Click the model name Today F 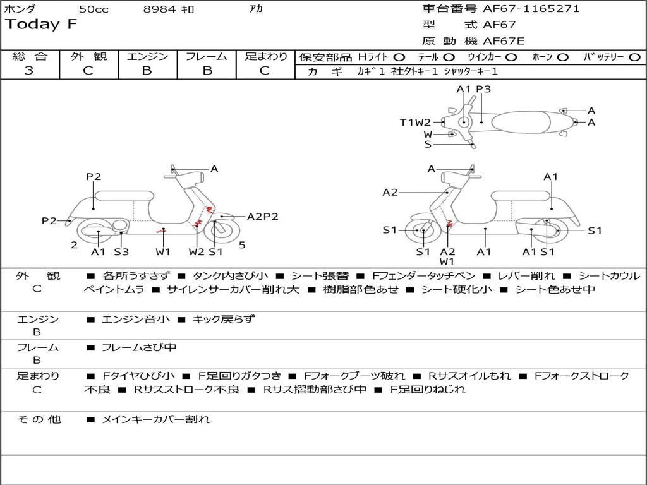[41, 25]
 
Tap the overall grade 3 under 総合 [29, 71]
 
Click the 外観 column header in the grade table [88, 56]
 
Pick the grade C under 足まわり [265, 71]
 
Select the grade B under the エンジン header [147, 71]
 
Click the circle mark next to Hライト [399, 57]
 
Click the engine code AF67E [504, 41]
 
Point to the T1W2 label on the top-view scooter [414, 123]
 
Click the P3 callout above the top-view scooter [483, 89]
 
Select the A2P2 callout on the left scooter [262, 217]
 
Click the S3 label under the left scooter [121, 252]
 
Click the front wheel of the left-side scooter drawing [219, 232]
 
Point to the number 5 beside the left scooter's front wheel [242, 245]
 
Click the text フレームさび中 [139, 347]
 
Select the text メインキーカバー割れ [155, 419]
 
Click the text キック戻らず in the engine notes [223, 320]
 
